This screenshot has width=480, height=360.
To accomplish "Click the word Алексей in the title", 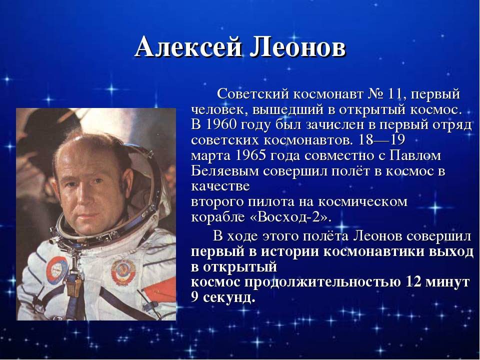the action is click(x=188, y=48).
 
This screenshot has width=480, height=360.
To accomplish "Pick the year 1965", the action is click(x=250, y=155).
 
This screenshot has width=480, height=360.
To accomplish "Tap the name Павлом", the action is click(x=415, y=155).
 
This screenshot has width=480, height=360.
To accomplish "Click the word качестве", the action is click(x=220, y=186).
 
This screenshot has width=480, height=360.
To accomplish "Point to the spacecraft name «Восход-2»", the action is click(x=291, y=216).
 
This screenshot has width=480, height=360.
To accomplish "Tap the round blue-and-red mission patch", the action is click(x=57, y=270).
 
